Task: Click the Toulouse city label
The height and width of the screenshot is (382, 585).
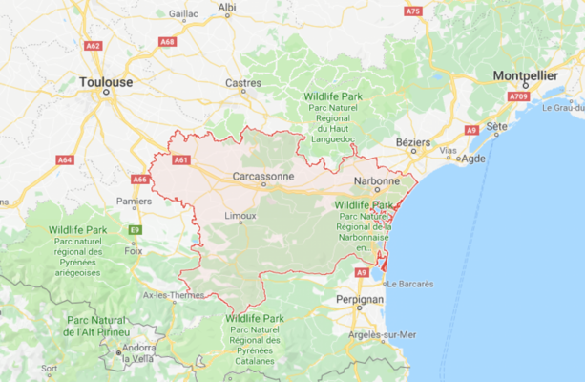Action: point(106,82)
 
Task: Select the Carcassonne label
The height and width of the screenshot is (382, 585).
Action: point(263,177)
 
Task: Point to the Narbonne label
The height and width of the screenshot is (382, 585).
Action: point(375,180)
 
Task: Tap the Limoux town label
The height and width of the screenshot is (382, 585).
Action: point(240,216)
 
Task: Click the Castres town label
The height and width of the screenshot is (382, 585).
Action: point(243,83)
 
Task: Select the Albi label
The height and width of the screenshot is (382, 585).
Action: point(227,8)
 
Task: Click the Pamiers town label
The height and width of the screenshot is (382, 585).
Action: point(134,201)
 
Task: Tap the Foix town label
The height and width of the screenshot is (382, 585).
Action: point(134,250)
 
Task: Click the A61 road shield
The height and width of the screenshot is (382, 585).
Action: point(181,160)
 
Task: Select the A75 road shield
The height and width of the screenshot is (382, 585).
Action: point(412,11)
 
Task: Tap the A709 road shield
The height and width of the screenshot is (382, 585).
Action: point(518,96)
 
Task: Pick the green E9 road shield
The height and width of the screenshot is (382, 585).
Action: point(135,230)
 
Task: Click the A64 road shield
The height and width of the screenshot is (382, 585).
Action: point(64,160)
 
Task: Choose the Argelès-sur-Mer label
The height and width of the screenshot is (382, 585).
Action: point(382,334)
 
